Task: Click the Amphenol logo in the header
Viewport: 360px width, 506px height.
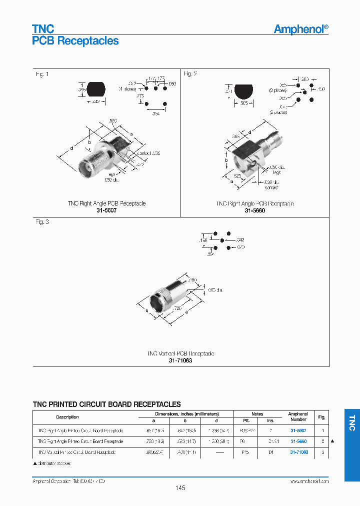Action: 301,29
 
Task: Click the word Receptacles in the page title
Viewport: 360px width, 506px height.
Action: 87,41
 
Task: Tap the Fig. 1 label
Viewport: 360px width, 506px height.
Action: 42,74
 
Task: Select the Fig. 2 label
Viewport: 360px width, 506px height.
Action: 190,74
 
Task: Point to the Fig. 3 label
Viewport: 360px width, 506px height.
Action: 42,221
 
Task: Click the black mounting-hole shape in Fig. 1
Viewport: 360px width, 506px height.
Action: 96,89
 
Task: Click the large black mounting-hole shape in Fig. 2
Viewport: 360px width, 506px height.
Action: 243,91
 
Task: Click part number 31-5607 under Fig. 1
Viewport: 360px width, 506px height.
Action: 106,210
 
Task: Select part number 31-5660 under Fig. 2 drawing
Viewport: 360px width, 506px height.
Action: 254,210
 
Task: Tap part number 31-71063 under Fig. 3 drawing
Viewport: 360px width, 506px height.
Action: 180,360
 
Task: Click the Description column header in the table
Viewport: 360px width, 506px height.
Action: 67,417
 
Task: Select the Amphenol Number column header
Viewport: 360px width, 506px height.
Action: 298,417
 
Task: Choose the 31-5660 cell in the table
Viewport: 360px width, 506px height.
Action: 298,441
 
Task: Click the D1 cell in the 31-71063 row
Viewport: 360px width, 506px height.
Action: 270,452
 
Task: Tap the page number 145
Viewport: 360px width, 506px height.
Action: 180,488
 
